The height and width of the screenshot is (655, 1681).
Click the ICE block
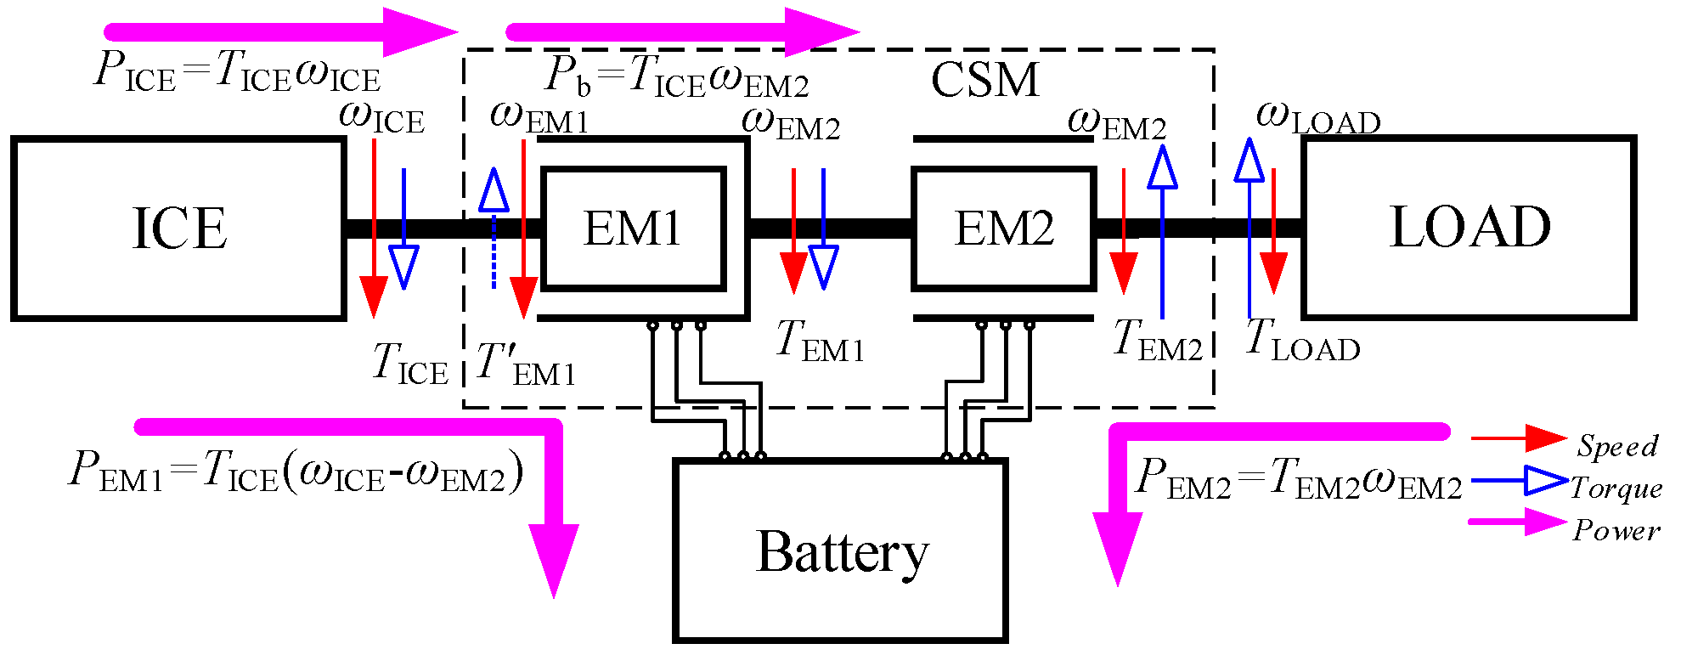pos(178,229)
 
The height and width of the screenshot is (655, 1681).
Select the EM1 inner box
pos(633,229)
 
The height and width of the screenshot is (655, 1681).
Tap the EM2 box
pos(1003,229)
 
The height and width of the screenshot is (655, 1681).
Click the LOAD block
pos(1469,228)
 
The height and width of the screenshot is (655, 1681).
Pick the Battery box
pos(840,551)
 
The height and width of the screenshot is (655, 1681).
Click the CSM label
pos(984,81)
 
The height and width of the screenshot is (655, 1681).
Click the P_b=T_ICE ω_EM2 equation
pos(676,77)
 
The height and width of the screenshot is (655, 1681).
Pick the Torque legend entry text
pos(1616,488)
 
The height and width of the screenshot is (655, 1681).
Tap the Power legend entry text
pos(1616,530)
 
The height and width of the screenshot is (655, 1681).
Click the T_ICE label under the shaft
pos(410,364)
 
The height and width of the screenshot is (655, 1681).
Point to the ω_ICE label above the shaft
pos(381,117)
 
